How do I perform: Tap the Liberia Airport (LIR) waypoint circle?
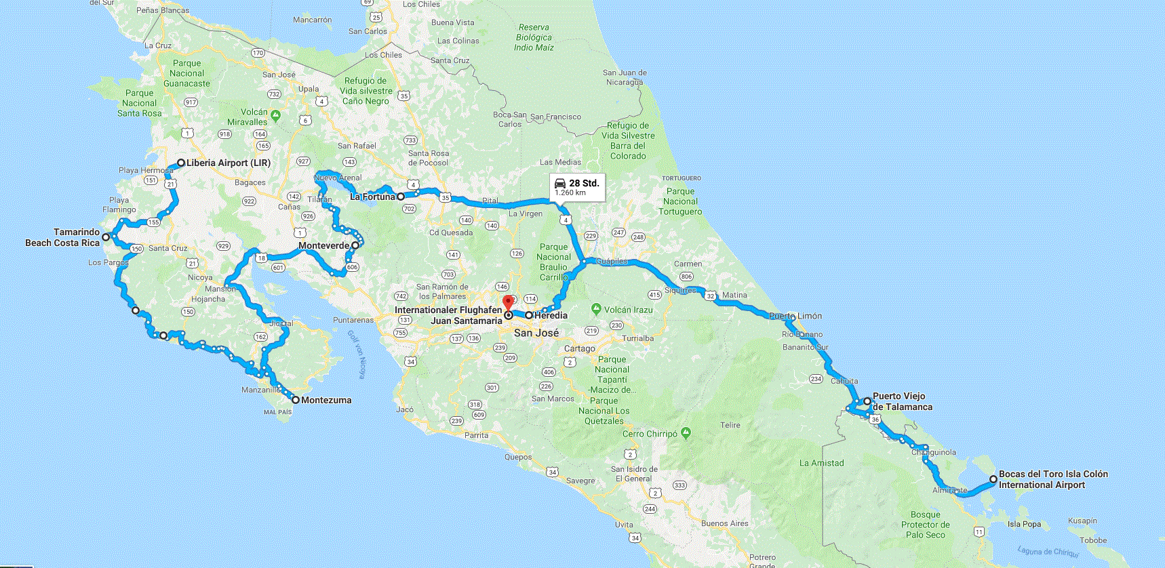[181, 163]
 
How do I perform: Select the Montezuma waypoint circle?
[296, 400]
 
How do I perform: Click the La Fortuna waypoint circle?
[401, 197]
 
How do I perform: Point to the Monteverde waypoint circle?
[355, 245]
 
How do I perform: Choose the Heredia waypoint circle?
[529, 315]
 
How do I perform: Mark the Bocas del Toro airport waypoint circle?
[993, 479]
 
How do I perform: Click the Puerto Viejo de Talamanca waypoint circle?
[867, 401]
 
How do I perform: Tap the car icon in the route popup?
[560, 184]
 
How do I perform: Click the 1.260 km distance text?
[570, 193]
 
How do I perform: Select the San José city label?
[536, 333]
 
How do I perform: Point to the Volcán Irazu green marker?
[596, 309]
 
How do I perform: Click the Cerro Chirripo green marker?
[686, 432]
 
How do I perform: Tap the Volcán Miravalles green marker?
[275, 115]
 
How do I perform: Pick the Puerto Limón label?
[795, 316]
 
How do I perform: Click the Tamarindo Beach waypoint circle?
[106, 237]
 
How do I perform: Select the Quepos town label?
[518, 457]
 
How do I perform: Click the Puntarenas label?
[353, 320]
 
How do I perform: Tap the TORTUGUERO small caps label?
[682, 178]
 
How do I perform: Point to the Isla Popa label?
[1024, 524]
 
